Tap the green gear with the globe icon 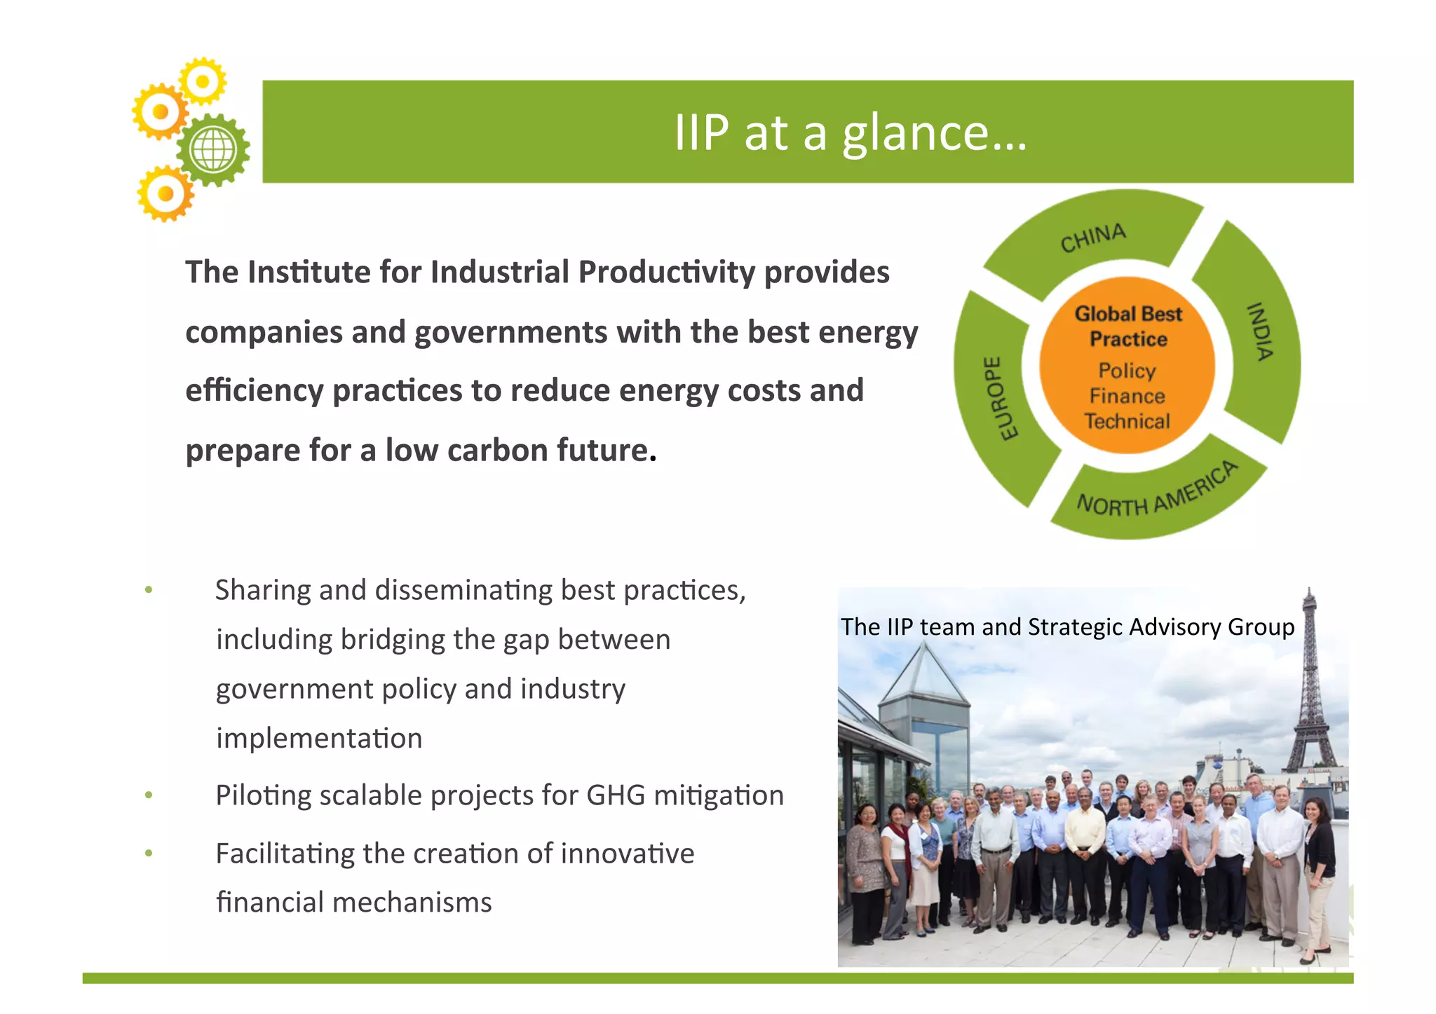213,150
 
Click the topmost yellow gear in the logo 203,81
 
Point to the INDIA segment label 1259,331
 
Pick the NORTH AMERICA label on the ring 1157,493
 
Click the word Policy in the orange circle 1127,370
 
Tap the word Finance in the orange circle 1127,396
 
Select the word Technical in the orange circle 1127,421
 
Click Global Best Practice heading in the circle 1128,327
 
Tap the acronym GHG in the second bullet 616,795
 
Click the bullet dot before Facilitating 149,854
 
